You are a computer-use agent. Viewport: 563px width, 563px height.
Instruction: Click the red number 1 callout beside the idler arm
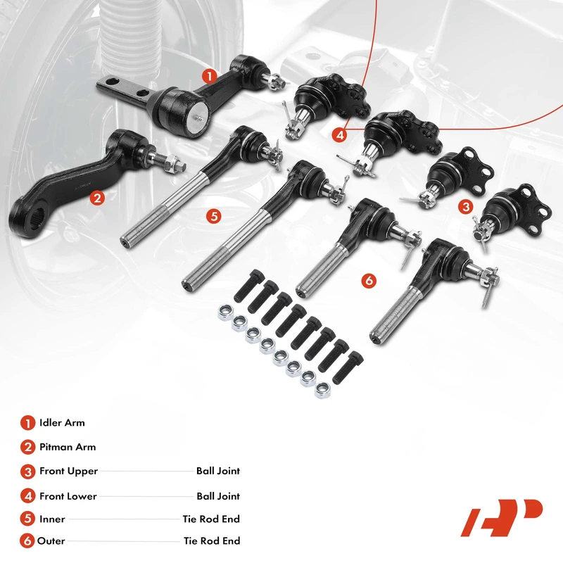click(208, 75)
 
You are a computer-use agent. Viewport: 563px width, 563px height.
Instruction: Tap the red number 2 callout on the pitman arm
click(98, 198)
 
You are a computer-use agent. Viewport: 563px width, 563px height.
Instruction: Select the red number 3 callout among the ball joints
click(464, 206)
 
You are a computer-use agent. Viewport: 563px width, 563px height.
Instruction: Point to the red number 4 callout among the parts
click(341, 134)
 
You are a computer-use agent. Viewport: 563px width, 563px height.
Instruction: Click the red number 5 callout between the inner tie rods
click(214, 215)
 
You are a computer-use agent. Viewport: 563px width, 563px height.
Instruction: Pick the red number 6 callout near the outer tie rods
click(368, 280)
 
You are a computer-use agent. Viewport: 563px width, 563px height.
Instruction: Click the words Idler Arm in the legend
click(62, 423)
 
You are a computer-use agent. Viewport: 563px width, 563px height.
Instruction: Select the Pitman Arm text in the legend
click(68, 447)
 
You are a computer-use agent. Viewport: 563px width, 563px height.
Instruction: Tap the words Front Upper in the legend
click(68, 471)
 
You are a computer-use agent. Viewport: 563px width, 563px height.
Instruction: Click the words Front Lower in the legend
click(68, 496)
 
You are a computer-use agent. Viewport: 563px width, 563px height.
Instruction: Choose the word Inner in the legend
click(52, 519)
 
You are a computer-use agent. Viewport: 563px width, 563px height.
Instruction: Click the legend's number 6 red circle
click(27, 541)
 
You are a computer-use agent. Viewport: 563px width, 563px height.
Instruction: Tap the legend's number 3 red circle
click(27, 472)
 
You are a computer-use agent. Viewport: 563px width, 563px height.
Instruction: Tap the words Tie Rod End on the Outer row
click(212, 541)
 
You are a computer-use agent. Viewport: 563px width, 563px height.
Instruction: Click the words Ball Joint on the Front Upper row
click(218, 471)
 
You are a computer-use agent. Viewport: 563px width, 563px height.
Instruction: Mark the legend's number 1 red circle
click(27, 423)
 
